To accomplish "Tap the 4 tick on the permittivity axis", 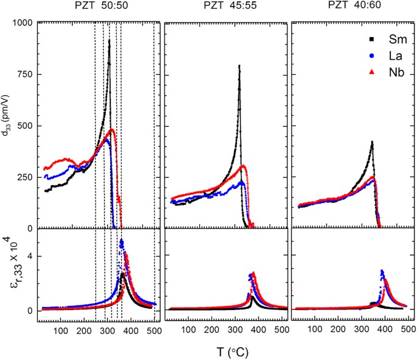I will coord(29,256).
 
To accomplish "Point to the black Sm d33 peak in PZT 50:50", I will coord(109,40).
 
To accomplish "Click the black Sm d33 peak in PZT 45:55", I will coord(239,66).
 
